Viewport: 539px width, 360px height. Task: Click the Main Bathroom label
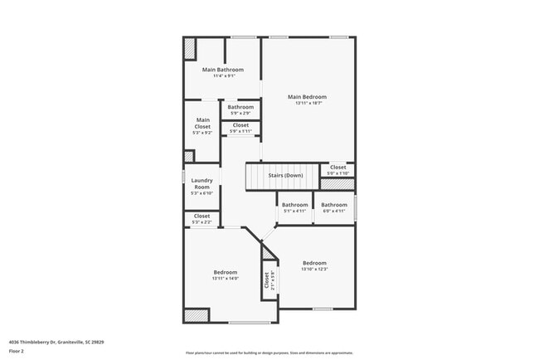click(223, 70)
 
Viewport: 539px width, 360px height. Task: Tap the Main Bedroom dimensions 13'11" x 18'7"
click(307, 104)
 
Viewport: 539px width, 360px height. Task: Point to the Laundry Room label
click(202, 183)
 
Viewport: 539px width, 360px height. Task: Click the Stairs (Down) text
click(284, 176)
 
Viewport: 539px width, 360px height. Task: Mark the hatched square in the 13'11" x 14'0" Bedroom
click(197, 315)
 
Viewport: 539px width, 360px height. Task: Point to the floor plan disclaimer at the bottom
click(269, 353)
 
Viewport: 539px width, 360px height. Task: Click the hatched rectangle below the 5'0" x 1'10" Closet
click(337, 183)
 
